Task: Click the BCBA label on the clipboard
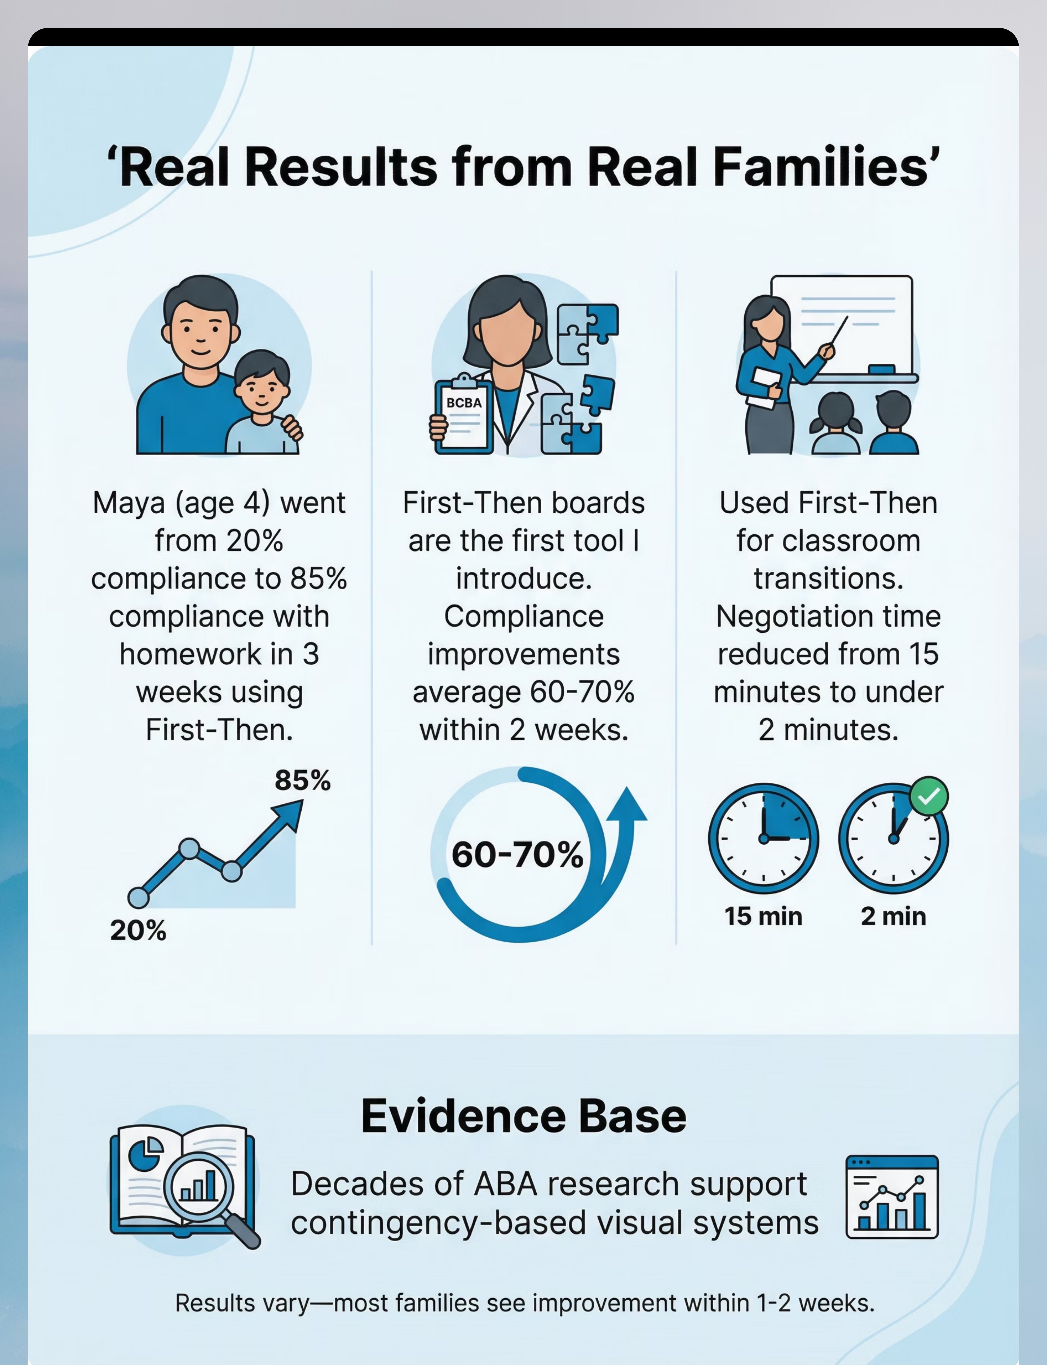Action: point(464,403)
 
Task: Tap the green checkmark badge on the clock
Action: point(929,796)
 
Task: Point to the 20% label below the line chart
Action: point(138,931)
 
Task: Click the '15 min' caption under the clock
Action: point(763,916)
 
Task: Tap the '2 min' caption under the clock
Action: point(893,916)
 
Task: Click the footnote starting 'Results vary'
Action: point(525,1303)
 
